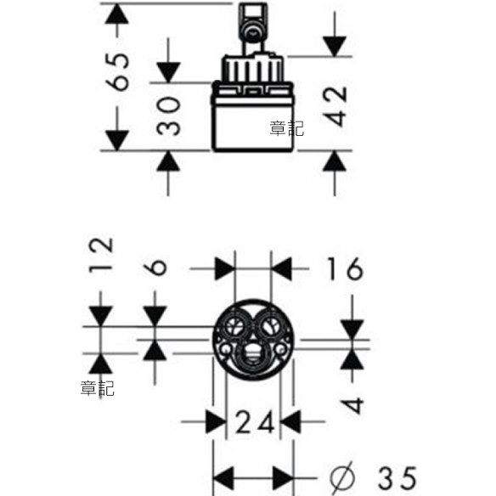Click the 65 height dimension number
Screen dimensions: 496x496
[117, 72]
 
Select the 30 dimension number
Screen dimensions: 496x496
[169, 116]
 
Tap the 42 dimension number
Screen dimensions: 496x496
[335, 106]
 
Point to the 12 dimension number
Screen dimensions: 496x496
[100, 255]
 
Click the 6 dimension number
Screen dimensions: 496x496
[155, 268]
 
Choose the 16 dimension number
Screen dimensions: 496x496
[345, 268]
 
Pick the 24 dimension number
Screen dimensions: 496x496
[255, 421]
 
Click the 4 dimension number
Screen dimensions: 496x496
[352, 405]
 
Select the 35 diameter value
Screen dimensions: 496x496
[397, 478]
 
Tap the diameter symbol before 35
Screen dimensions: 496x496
[342, 478]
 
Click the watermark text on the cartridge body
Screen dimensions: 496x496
[286, 129]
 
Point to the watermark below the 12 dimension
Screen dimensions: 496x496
[97, 388]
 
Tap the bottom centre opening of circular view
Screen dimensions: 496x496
[253, 356]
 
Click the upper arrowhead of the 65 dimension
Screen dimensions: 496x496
[117, 14]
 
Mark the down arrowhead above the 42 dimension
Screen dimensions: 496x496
[335, 47]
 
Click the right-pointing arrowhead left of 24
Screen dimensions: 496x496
[217, 421]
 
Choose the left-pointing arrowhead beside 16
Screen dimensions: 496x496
[281, 269]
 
